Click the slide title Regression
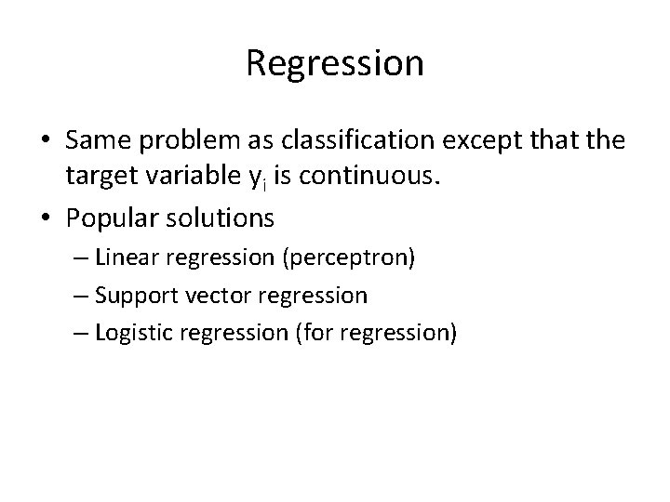(335, 63)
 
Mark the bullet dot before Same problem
(45, 139)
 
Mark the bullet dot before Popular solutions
(45, 219)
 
